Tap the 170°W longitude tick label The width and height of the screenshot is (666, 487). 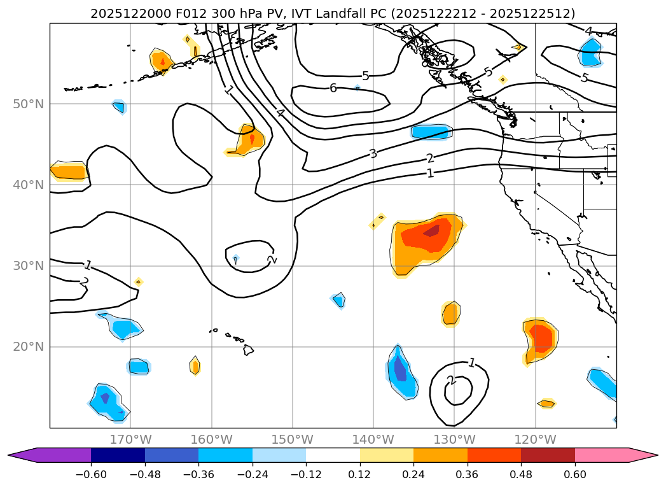(x=130, y=439)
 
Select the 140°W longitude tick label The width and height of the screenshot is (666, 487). (x=373, y=439)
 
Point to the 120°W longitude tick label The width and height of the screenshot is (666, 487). (x=535, y=439)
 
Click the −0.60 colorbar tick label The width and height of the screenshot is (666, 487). (x=91, y=474)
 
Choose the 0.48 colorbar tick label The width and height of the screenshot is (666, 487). (x=521, y=474)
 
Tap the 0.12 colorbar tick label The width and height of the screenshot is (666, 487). (x=360, y=474)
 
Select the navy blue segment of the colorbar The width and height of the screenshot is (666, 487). (x=118, y=455)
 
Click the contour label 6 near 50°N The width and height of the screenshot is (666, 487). (x=333, y=88)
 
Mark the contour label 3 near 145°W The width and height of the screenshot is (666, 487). (x=373, y=153)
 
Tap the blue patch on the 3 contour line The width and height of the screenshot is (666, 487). (x=431, y=132)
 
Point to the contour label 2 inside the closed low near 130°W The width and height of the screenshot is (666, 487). (x=451, y=380)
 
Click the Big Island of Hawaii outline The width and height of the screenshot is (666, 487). (x=248, y=349)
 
